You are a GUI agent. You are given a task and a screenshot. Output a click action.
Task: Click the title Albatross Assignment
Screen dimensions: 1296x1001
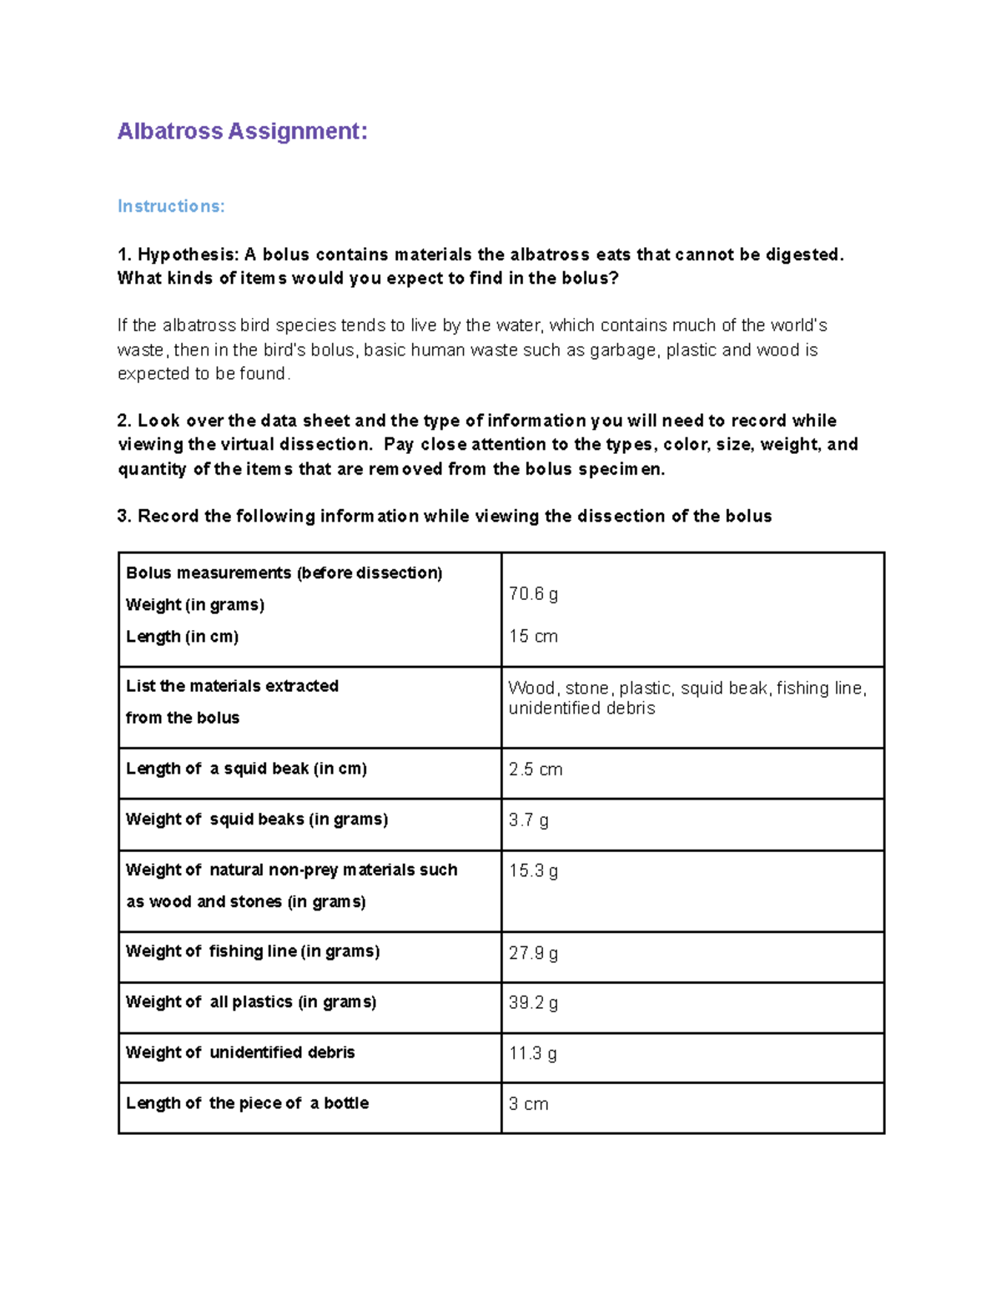point(242,132)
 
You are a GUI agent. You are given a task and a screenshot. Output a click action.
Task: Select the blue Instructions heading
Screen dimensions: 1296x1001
point(171,206)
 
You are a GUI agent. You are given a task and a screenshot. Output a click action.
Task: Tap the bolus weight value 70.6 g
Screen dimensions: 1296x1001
point(533,594)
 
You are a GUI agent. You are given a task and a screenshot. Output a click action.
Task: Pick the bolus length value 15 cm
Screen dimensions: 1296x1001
point(533,637)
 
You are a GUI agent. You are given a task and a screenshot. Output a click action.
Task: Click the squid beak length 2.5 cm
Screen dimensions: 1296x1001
point(536,769)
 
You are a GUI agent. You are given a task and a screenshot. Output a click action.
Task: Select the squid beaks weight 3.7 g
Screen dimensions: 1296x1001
point(529,820)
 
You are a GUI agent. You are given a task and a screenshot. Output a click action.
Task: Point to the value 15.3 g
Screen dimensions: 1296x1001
point(533,871)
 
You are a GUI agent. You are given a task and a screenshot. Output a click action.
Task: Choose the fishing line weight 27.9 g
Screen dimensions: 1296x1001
point(533,953)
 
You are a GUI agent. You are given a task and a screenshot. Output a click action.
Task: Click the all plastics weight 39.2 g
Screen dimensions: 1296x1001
point(533,1003)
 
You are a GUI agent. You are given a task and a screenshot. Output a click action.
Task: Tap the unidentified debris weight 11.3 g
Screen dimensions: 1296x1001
point(533,1054)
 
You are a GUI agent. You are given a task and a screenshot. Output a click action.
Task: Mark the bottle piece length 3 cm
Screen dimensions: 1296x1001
point(529,1104)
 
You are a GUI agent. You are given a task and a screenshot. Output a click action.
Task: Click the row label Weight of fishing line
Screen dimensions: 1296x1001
point(253,951)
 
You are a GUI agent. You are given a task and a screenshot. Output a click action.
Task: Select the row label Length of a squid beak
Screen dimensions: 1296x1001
point(246,769)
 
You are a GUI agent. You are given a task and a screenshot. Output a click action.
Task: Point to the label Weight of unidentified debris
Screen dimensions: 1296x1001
point(240,1052)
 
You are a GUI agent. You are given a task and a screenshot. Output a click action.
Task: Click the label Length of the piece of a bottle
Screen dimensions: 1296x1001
point(247,1103)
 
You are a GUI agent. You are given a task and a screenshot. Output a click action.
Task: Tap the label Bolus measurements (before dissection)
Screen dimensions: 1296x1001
point(284,573)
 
